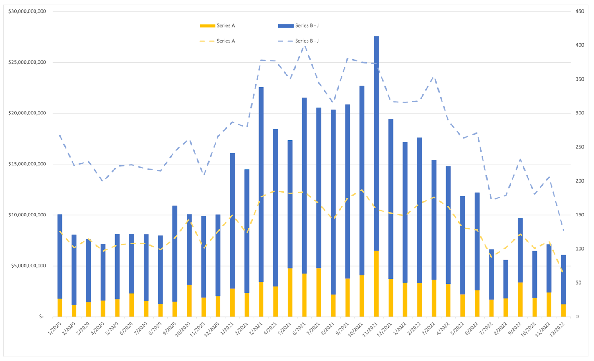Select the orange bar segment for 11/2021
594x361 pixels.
[x=376, y=284]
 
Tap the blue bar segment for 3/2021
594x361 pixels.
[x=261, y=184]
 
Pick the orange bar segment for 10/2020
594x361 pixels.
[x=189, y=300]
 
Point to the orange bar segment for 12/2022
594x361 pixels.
[x=563, y=310]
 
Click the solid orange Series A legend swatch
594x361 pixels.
[x=207, y=26]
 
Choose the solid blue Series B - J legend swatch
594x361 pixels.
[x=286, y=26]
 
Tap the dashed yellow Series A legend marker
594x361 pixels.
[x=207, y=41]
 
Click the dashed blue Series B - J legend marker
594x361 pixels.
[x=286, y=41]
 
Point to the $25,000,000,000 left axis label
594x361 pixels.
[x=27, y=62]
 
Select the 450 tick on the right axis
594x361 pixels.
[x=580, y=11]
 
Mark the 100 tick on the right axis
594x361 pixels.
[x=580, y=249]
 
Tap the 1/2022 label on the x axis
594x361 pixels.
[x=400, y=328]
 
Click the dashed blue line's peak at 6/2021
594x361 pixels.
[x=305, y=45]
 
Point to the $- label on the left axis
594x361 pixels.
[x=41, y=317]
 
